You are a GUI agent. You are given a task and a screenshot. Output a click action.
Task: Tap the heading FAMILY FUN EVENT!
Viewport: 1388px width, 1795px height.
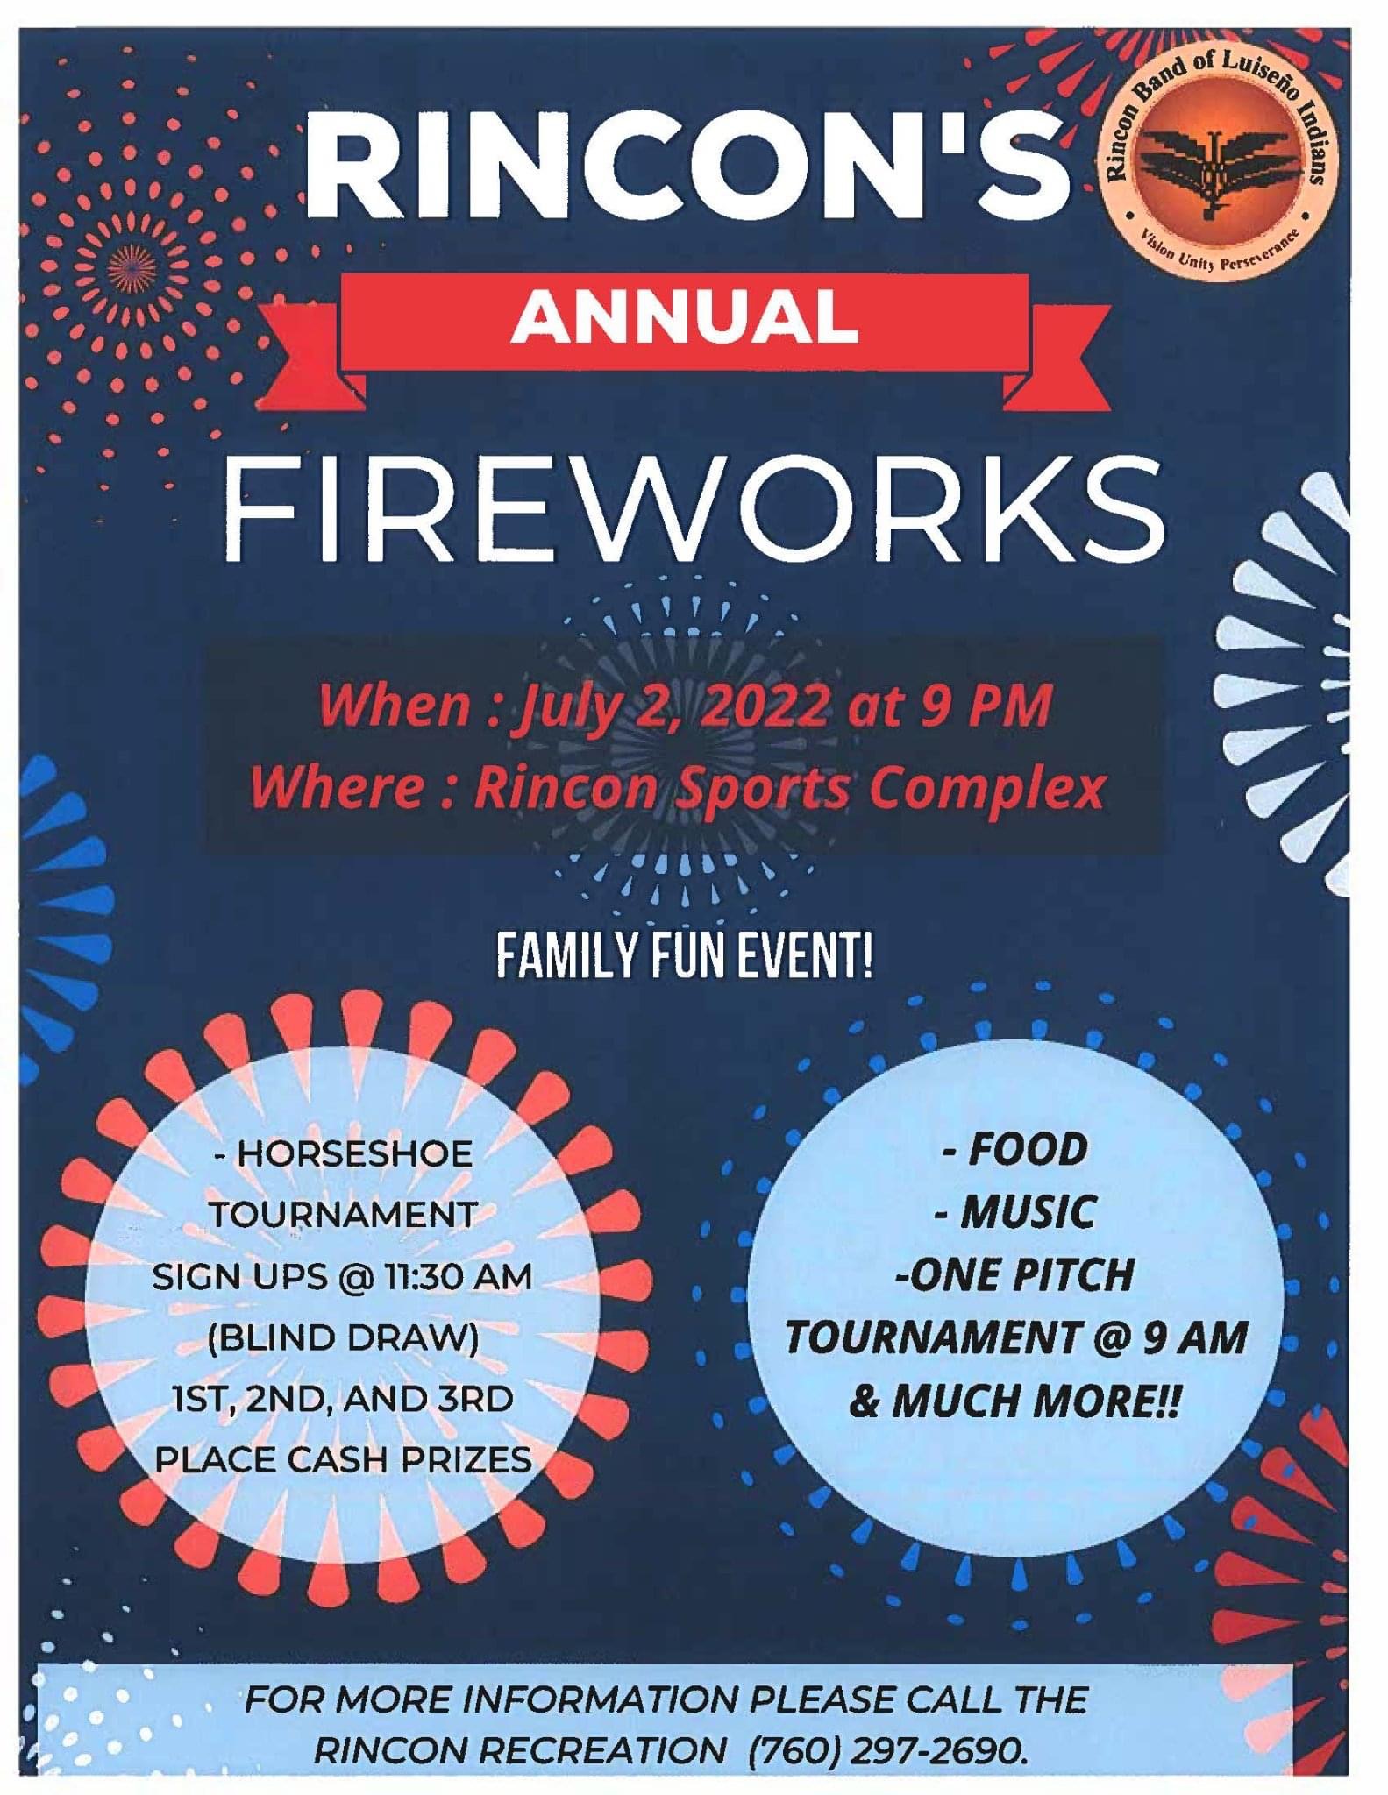point(685,958)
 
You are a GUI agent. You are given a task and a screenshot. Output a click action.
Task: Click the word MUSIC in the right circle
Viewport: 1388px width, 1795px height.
point(1028,1212)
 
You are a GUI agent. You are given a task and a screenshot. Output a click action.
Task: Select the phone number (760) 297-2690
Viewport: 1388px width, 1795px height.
point(886,1752)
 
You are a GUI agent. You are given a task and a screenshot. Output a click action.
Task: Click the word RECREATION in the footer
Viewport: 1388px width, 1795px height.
point(608,1752)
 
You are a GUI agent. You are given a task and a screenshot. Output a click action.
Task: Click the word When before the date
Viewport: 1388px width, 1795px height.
point(395,706)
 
